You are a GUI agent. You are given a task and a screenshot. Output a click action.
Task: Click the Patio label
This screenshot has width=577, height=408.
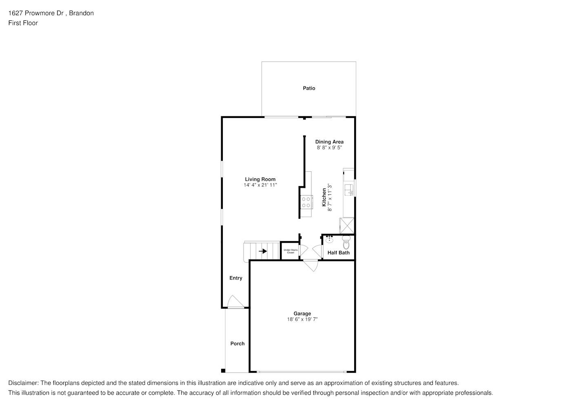(309, 89)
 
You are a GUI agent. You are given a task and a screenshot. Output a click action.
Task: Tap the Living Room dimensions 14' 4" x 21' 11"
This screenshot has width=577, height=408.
(260, 185)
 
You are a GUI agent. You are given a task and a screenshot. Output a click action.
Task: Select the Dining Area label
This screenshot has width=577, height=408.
(329, 142)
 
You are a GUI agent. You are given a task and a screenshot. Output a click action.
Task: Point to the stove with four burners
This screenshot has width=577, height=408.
(306, 202)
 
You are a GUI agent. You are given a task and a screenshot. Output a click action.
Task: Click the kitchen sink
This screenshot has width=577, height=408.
(349, 190)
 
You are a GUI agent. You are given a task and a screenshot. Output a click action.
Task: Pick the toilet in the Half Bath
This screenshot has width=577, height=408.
(346, 242)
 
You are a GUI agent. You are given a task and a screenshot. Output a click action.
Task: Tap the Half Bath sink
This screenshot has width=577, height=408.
(329, 239)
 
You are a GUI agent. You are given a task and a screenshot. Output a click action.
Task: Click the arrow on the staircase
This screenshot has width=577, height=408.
(263, 251)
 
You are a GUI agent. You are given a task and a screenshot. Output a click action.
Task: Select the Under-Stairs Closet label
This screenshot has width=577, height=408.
(291, 251)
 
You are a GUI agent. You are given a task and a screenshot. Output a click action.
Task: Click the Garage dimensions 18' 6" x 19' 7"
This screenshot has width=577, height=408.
(302, 319)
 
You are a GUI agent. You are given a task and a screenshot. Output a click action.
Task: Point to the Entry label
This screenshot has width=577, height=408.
(236, 278)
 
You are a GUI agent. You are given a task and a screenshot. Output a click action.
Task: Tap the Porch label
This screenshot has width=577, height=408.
(237, 344)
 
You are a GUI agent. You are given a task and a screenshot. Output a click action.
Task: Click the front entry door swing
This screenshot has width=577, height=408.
(236, 302)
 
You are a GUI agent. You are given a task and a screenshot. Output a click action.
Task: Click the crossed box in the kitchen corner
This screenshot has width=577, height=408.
(347, 226)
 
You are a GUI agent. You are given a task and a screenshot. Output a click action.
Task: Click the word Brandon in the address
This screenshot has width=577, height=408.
(81, 13)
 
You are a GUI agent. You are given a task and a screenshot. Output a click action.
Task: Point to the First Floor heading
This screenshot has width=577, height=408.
(23, 23)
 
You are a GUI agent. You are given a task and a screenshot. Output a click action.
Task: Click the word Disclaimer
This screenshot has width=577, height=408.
(23, 383)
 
